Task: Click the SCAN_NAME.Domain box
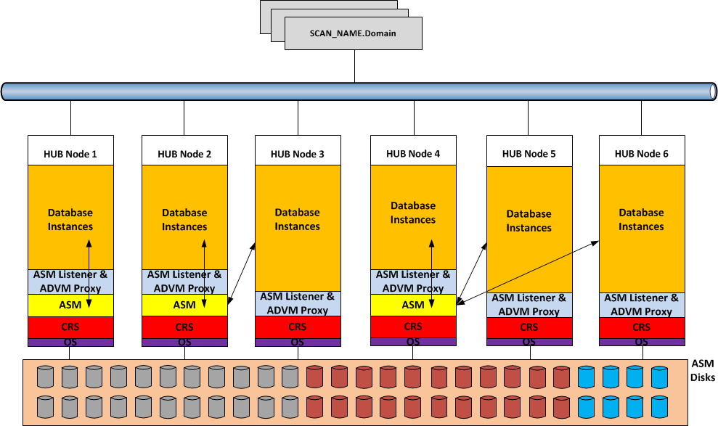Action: click(x=354, y=33)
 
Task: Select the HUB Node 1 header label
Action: click(x=70, y=154)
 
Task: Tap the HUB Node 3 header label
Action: click(x=297, y=154)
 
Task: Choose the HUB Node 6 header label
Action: click(x=641, y=154)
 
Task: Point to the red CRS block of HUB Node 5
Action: click(x=529, y=327)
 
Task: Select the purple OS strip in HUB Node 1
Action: click(x=70, y=342)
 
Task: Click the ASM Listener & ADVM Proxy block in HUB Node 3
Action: click(x=297, y=303)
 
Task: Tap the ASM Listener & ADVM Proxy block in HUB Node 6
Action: click(x=641, y=304)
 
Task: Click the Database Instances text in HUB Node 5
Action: click(x=529, y=221)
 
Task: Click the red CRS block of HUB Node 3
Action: click(x=297, y=327)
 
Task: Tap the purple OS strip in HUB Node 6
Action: click(x=641, y=342)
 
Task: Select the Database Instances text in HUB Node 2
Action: click(x=184, y=220)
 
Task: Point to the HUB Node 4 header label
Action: click(x=412, y=154)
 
